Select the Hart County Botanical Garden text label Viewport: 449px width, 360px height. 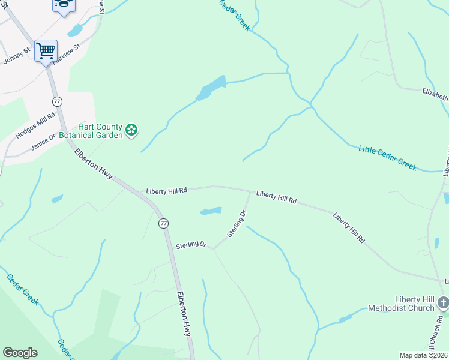coord(100,131)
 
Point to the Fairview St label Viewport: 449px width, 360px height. coord(66,53)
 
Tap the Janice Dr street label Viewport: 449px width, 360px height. coord(43,142)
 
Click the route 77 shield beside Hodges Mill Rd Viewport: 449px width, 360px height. coord(57,101)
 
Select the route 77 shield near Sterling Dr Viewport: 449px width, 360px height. coord(163,223)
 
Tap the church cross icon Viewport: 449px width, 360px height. coord(443,302)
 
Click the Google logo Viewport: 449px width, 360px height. coord(20,353)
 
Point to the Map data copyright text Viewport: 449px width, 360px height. coord(424,355)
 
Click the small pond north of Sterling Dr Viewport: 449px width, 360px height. coord(211,211)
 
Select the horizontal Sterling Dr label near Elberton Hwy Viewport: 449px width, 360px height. coord(191,245)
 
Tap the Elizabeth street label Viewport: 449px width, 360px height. coord(435,95)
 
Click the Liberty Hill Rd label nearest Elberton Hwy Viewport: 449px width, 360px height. coord(167,190)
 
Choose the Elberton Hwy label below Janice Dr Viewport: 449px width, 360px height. coord(94,163)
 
